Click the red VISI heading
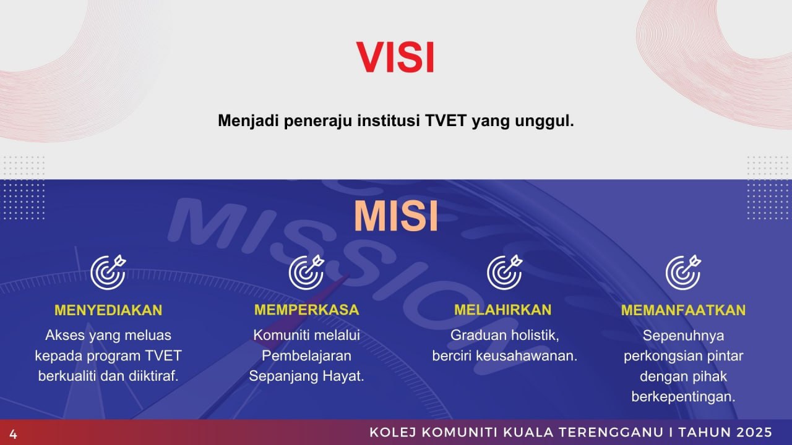pyautogui.click(x=395, y=57)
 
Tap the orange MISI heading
pyautogui.click(x=395, y=216)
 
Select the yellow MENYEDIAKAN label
pyautogui.click(x=108, y=310)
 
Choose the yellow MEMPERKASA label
pyautogui.click(x=306, y=310)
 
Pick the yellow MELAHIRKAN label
pyautogui.click(x=503, y=310)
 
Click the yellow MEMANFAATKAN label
pyautogui.click(x=684, y=310)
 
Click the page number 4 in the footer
pyautogui.click(x=13, y=434)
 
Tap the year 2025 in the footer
pyautogui.click(x=755, y=432)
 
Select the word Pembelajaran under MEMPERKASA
pyautogui.click(x=306, y=356)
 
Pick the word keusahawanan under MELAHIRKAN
pyautogui.click(x=527, y=356)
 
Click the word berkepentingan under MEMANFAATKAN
pyautogui.click(x=684, y=397)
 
